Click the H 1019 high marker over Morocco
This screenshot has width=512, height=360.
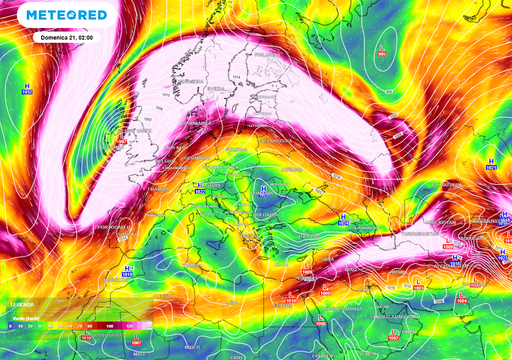click(x=127, y=272)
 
